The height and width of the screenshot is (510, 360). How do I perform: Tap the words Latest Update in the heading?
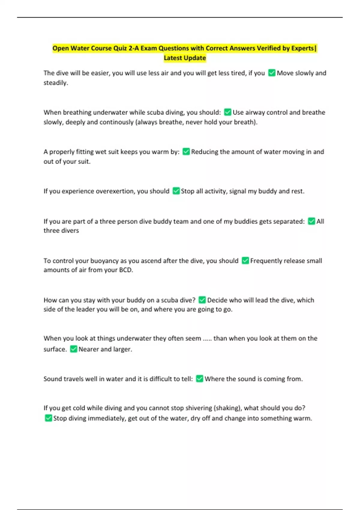[x=185, y=58]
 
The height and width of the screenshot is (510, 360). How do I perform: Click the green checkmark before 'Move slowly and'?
[x=272, y=73]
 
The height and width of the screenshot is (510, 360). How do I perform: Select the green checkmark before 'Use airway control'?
[x=228, y=112]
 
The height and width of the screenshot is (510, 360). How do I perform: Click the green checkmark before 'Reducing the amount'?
[x=186, y=152]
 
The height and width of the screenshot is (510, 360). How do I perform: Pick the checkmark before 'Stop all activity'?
[x=176, y=191]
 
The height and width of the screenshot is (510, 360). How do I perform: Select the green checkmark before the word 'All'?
[x=311, y=221]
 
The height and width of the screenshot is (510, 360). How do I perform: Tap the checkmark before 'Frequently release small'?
[x=245, y=261]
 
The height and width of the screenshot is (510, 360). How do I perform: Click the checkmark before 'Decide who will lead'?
[x=202, y=300]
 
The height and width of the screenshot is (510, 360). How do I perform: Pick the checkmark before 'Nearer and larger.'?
[x=73, y=349]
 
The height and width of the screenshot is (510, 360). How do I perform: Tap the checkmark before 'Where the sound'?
[x=199, y=379]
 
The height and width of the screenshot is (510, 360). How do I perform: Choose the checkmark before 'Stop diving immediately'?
[x=48, y=418]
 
